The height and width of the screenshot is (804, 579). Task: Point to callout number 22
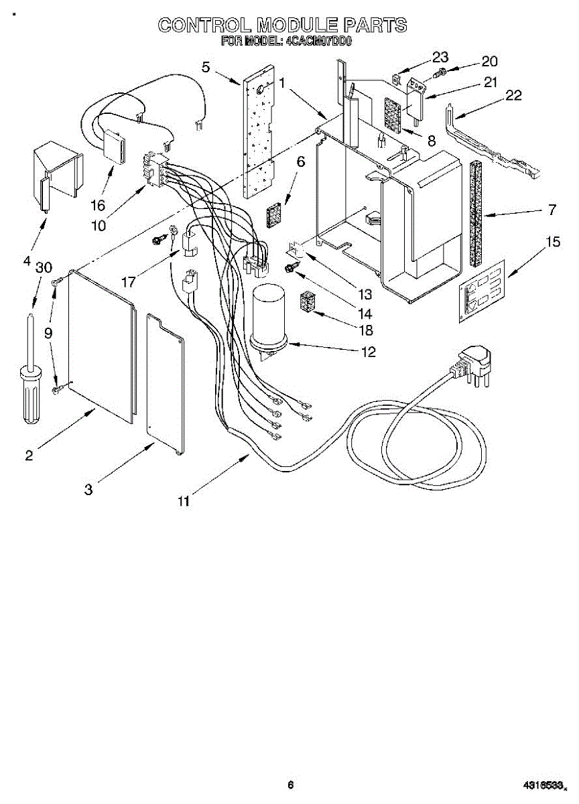click(x=513, y=95)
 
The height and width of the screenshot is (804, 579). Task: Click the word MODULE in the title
click(x=300, y=25)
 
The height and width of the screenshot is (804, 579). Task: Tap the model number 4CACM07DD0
click(x=318, y=42)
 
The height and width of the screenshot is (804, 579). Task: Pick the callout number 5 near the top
click(x=206, y=66)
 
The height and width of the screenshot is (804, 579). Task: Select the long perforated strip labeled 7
click(x=476, y=214)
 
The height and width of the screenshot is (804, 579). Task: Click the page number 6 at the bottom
click(x=290, y=785)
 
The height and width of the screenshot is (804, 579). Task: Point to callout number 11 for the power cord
click(x=184, y=500)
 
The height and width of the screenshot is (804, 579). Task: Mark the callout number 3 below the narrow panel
click(x=88, y=489)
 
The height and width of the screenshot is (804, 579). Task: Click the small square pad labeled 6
click(x=273, y=217)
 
